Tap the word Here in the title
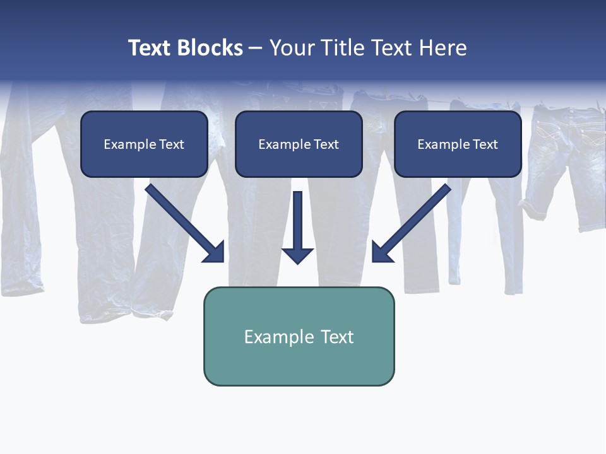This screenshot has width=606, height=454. pos(441,48)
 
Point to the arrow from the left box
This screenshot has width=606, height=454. pos(183,221)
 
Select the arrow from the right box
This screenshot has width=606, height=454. pos(413,221)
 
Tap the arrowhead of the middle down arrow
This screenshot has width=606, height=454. pos(297,255)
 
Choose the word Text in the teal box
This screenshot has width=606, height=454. pos(337,337)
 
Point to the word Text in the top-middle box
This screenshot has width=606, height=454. pos(326,144)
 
